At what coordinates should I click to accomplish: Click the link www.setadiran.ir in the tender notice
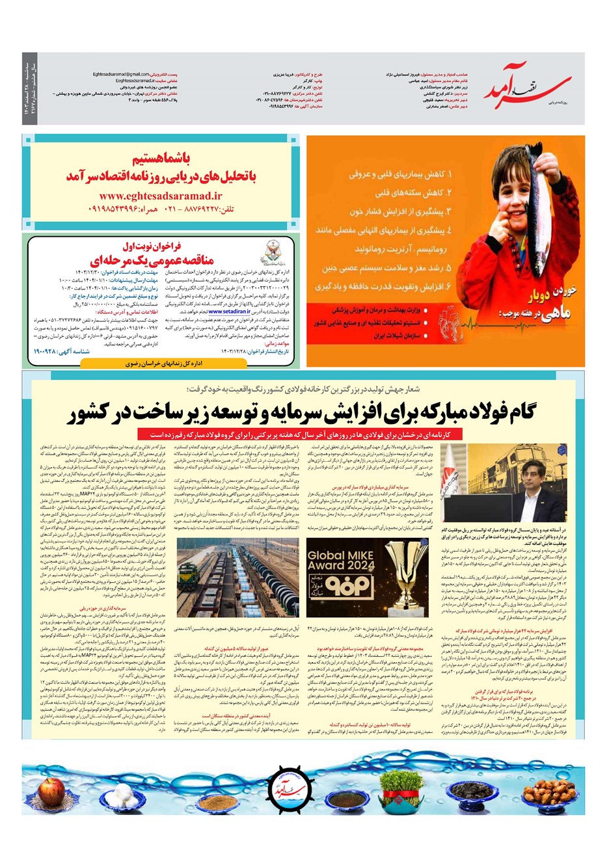pyautogui.click(x=228, y=312)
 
